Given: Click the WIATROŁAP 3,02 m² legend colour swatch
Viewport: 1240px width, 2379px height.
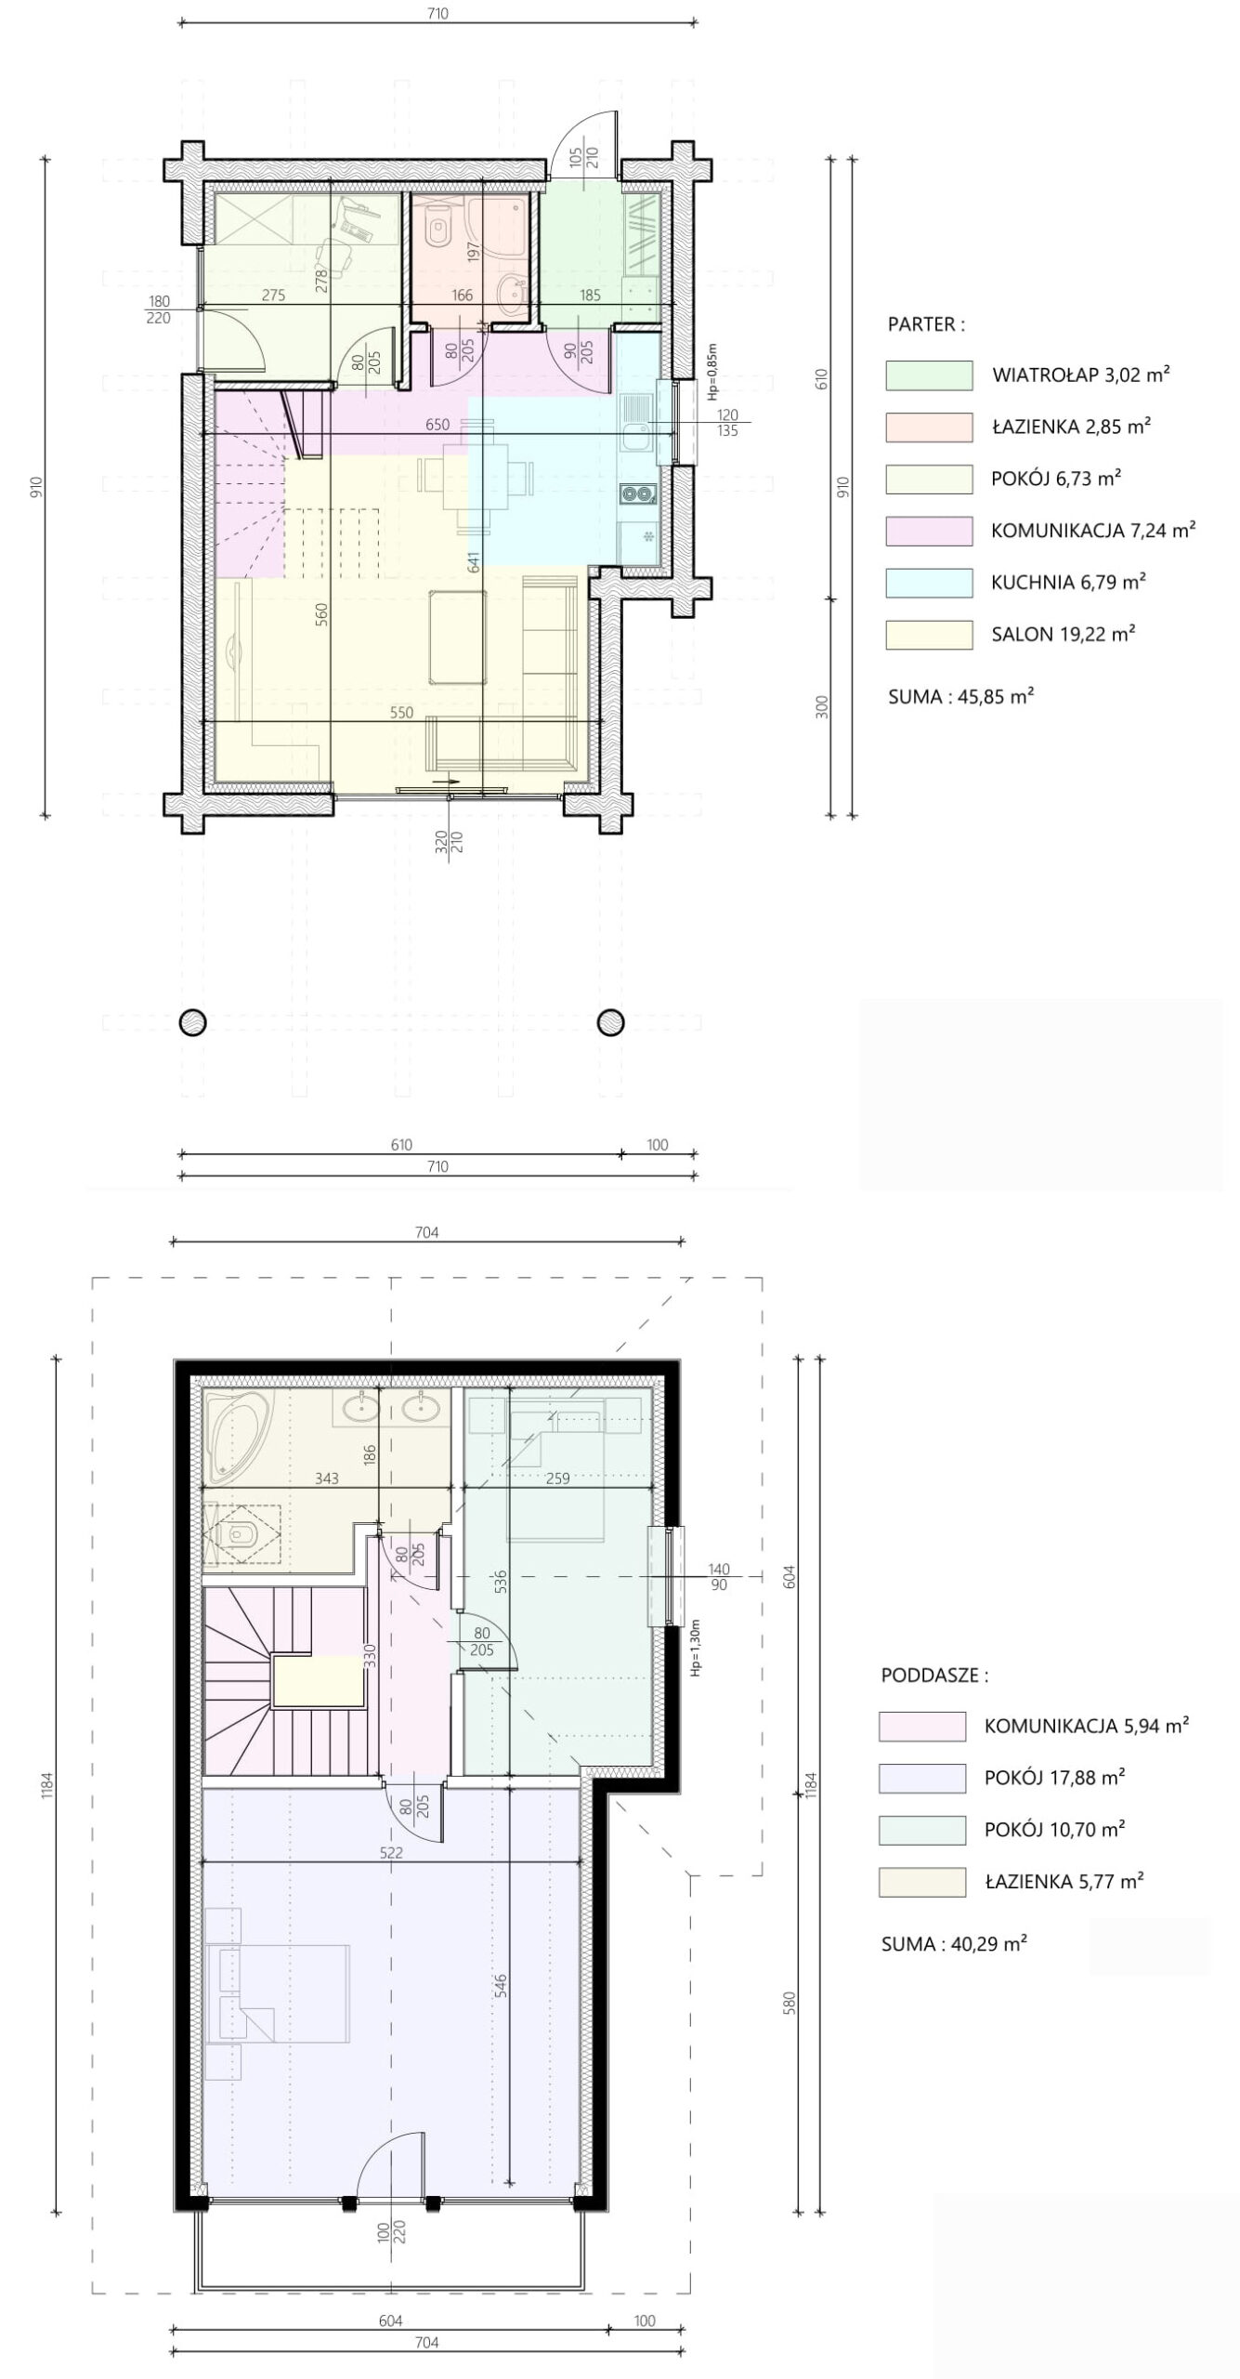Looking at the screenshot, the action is click(x=929, y=375).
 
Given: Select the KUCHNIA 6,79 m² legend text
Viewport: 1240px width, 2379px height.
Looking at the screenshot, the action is click(x=1068, y=583).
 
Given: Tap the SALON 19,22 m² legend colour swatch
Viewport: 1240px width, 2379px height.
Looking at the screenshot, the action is click(x=929, y=635).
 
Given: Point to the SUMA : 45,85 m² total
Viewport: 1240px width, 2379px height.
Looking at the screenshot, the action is click(x=961, y=696).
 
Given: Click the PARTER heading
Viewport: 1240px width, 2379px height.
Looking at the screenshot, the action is click(x=926, y=324).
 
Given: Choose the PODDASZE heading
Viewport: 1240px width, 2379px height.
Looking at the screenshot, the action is click(x=934, y=1676).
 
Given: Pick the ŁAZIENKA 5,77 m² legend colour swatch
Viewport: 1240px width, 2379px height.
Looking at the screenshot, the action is click(x=922, y=1882).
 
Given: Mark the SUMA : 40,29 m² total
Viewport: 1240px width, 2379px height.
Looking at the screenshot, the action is click(x=954, y=1943).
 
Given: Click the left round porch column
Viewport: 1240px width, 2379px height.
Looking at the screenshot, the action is click(x=192, y=1021).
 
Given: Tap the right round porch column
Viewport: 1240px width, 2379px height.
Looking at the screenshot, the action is click(x=610, y=1021).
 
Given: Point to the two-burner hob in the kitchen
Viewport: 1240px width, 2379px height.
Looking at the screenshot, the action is click(x=639, y=494).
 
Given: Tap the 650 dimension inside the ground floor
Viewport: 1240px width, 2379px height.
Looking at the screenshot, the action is click(x=437, y=425).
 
